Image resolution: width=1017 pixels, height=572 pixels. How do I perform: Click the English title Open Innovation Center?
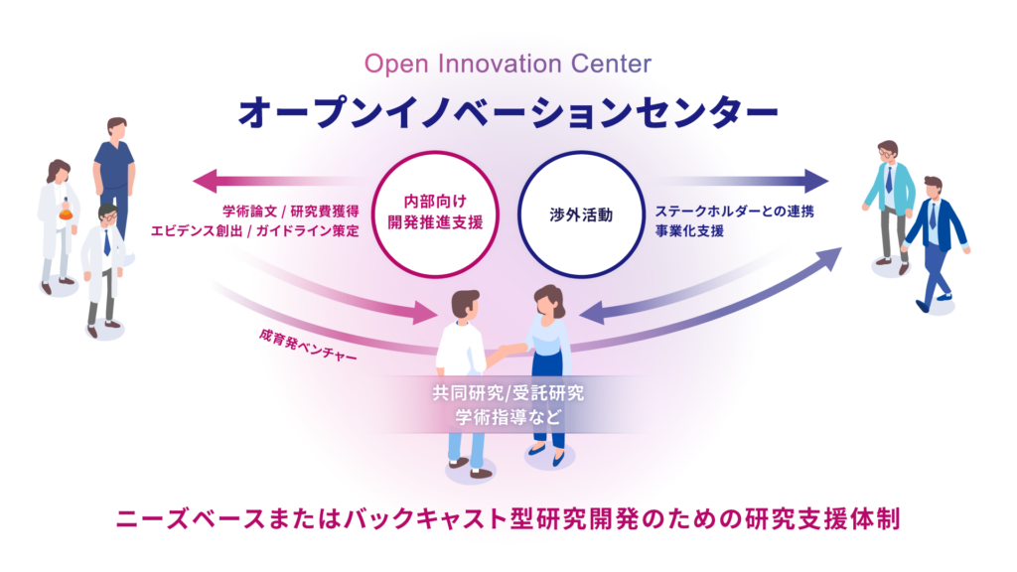[x=508, y=65]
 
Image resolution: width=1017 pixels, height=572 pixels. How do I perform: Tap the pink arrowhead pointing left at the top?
[x=206, y=181]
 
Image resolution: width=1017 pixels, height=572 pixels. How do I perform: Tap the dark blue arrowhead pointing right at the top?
[x=816, y=181]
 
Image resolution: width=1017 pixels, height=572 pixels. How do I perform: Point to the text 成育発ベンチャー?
[x=308, y=345]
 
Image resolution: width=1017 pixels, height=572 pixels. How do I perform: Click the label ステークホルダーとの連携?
[x=734, y=212]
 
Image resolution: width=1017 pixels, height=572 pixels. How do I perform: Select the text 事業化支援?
[x=689, y=230]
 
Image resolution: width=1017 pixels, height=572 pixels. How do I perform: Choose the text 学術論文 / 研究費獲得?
[x=291, y=212]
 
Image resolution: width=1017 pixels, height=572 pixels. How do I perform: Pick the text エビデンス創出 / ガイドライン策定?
[x=255, y=230]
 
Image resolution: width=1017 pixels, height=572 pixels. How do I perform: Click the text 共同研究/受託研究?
[x=508, y=393]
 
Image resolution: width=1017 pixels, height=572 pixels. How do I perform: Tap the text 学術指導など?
[x=508, y=416]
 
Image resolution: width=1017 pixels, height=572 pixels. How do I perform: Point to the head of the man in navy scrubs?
[x=117, y=128]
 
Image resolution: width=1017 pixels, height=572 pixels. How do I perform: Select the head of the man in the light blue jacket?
[x=887, y=152]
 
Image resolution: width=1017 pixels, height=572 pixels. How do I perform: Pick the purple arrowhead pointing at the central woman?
[x=592, y=313]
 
